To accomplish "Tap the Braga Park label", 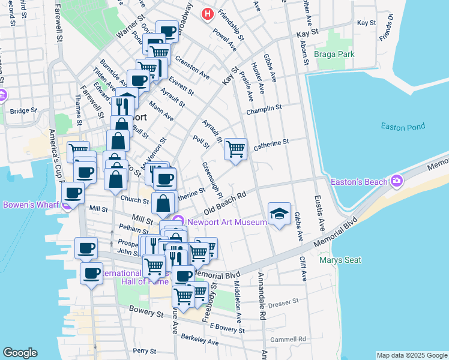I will [x=334, y=54].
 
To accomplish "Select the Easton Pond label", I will [x=403, y=126].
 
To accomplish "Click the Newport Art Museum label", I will [x=227, y=222].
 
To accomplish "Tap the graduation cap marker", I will [x=279, y=214].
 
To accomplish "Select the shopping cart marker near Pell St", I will [x=236, y=148].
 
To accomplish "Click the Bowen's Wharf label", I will [x=29, y=205].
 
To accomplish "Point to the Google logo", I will [x=20, y=353].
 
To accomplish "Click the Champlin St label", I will [x=264, y=108].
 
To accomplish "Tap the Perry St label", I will [x=145, y=350].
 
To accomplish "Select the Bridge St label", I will [x=23, y=110].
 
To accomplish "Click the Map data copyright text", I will [x=412, y=355].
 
